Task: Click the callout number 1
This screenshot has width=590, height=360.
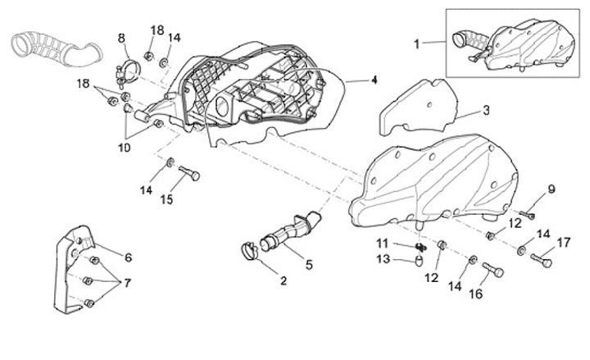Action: [x=416, y=43]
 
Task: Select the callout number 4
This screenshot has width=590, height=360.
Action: [x=374, y=80]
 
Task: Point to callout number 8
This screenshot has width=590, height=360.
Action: [x=121, y=38]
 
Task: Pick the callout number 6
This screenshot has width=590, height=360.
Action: [x=128, y=257]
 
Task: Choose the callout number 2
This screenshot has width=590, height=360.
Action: [x=284, y=281]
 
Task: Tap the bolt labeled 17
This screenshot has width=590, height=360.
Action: [x=542, y=261]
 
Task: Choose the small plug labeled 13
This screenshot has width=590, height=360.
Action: [x=417, y=262]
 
